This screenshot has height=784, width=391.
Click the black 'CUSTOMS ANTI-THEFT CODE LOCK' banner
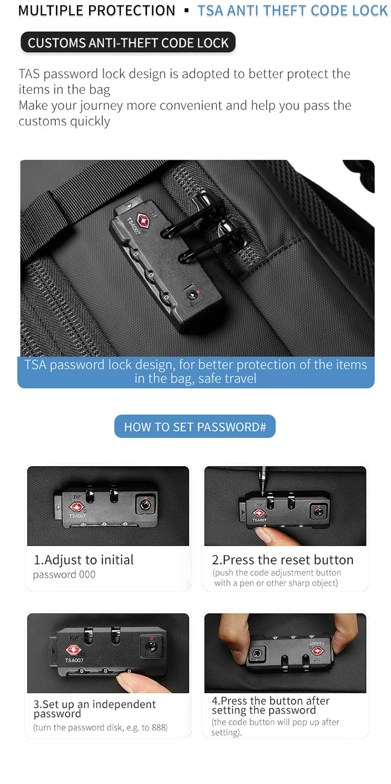(128, 43)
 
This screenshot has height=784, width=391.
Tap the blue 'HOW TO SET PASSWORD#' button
(195, 426)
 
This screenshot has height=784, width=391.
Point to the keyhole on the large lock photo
(191, 295)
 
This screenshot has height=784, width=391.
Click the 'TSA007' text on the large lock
(133, 225)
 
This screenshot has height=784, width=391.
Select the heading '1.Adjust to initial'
(83, 560)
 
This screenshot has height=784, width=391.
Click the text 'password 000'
(64, 575)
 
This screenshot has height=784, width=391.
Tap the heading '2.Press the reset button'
(283, 560)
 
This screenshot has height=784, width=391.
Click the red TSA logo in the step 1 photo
(76, 506)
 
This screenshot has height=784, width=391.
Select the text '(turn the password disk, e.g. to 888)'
(100, 727)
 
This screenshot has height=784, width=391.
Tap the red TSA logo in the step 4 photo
(317, 651)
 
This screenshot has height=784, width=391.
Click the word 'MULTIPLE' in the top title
(50, 10)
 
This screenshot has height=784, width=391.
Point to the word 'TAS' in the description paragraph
(29, 74)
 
